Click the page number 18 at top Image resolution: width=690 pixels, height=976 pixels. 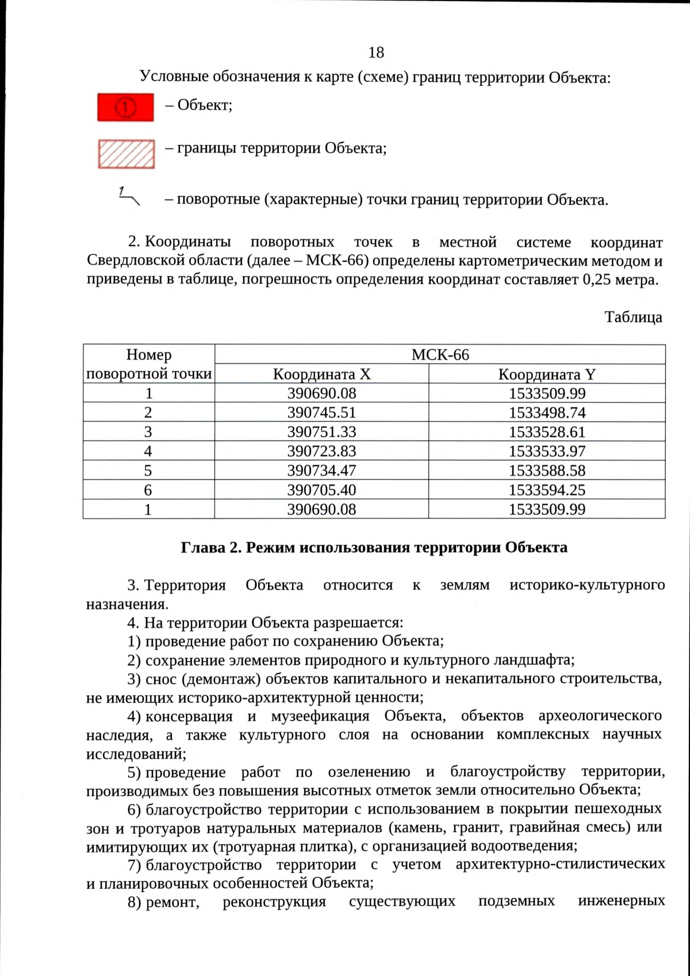(376, 53)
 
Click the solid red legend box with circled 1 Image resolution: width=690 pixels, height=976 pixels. (125, 107)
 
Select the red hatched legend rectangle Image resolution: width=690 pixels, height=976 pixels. (126, 154)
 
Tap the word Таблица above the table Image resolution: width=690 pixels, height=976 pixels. (633, 317)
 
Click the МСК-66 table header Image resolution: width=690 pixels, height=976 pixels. (440, 355)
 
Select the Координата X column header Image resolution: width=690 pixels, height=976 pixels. (321, 374)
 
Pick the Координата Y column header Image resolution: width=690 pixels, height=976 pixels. (547, 374)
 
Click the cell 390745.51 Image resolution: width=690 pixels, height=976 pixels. (321, 412)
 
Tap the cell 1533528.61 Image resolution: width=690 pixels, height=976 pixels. (547, 432)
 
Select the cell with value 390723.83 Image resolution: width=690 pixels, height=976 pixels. (321, 451)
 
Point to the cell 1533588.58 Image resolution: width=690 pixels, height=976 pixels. (547, 470)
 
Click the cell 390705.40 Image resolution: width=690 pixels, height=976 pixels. (321, 490)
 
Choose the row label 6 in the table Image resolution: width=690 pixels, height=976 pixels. (148, 490)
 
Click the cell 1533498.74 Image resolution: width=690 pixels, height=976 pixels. (547, 412)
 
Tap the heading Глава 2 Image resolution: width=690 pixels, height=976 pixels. (374, 547)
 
